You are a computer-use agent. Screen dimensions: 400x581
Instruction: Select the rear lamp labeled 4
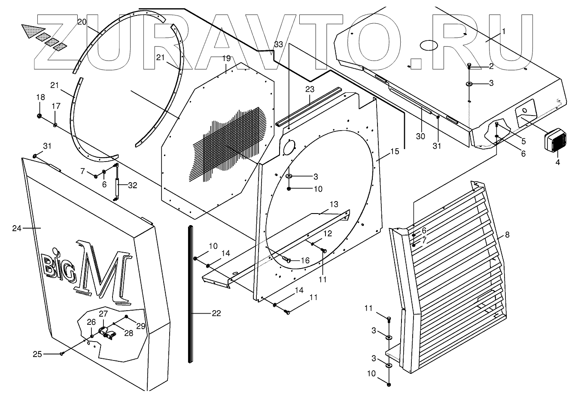pyautogui.click(x=555, y=140)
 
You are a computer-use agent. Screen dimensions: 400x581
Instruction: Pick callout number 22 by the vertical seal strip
pyautogui.click(x=216, y=314)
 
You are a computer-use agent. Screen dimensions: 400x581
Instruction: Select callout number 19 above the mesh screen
pyautogui.click(x=227, y=58)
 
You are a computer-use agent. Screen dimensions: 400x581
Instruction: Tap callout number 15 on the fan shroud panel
pyautogui.click(x=395, y=151)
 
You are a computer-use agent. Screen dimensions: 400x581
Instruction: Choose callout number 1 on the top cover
pyautogui.click(x=504, y=31)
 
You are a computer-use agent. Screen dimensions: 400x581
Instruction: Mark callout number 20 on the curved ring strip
pyautogui.click(x=82, y=21)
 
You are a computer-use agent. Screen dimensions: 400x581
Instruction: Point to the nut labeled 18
pyautogui.click(x=40, y=116)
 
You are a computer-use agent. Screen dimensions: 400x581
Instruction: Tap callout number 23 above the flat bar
pyautogui.click(x=310, y=89)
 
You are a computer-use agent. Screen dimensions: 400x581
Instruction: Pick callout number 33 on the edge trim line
pyautogui.click(x=278, y=45)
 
